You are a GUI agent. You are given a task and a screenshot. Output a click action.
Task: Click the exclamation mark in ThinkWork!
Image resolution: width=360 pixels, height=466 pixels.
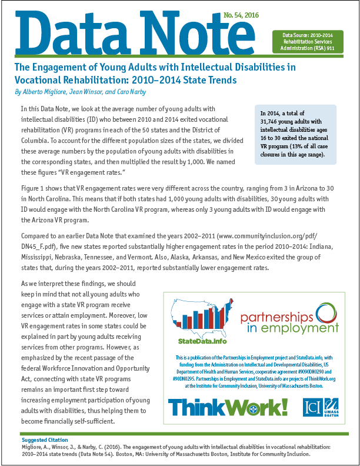[x=280, y=407]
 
